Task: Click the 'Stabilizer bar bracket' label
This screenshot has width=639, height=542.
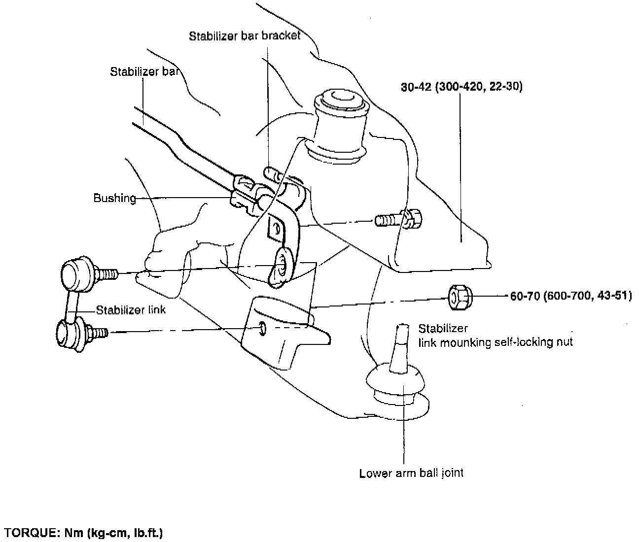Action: pyautogui.click(x=245, y=37)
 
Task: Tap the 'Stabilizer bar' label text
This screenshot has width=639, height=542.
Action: pyautogui.click(x=143, y=72)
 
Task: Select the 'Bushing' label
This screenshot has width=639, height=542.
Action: pyautogui.click(x=114, y=199)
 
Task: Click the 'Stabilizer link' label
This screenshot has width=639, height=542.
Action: pyautogui.click(x=131, y=310)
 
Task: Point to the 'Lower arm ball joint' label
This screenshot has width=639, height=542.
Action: pyautogui.click(x=411, y=474)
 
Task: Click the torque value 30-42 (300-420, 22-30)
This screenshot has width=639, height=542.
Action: pyautogui.click(x=461, y=87)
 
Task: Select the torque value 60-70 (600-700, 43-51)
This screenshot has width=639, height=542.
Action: pyautogui.click(x=570, y=297)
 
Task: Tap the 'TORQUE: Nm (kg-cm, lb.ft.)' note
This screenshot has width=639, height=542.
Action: pyautogui.click(x=83, y=533)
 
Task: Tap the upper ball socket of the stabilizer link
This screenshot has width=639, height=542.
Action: pyautogui.click(x=75, y=272)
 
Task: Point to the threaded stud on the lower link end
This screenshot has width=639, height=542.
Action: pyautogui.click(x=100, y=333)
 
